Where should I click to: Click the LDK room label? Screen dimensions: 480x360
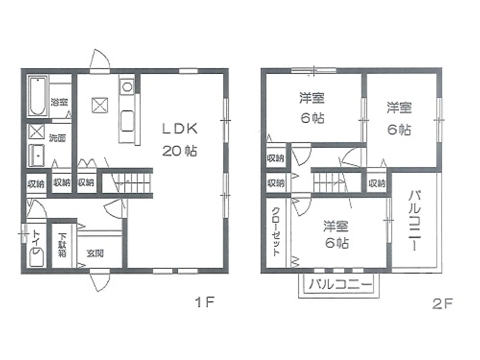coord(180,129)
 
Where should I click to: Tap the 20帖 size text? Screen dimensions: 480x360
coord(180,151)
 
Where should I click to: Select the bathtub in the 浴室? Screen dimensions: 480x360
coord(37,96)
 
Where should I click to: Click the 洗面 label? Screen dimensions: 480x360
coord(58,138)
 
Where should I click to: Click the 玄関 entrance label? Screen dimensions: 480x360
coord(95,253)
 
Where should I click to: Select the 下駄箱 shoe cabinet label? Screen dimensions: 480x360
coord(62,245)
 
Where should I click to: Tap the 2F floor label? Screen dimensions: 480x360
coord(442,303)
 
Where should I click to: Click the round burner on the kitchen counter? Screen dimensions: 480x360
coord(127,87)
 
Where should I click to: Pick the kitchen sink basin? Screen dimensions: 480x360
coord(127,120)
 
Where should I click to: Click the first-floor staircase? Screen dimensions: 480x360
coord(127,183)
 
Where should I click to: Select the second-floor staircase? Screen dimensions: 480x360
coord(337,182)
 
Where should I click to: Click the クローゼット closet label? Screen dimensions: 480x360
coord(276,231)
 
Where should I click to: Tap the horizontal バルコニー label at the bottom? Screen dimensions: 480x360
coord(340,284)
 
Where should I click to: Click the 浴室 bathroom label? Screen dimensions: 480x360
coord(60,102)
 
